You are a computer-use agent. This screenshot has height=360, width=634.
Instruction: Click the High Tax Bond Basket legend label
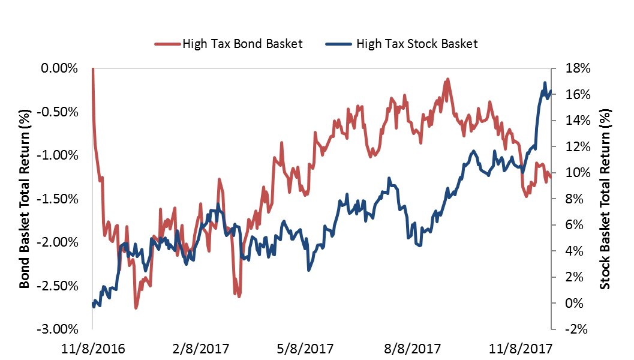242,43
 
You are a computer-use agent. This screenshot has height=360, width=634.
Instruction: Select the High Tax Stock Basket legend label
417,43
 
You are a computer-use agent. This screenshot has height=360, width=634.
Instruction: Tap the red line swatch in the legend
167,44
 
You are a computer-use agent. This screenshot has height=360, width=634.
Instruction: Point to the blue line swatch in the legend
339,44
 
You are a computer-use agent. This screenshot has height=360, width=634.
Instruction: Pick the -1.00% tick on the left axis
59,155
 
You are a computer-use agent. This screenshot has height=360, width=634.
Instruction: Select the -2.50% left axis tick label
59,286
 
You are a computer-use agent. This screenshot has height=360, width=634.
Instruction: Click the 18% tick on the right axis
575,68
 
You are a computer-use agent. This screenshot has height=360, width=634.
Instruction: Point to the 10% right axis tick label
575,173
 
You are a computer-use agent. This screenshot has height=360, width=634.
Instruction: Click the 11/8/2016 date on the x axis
93,347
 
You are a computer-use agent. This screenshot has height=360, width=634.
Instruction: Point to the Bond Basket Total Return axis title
25,199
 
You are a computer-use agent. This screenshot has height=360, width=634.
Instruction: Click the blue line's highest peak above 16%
545,83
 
